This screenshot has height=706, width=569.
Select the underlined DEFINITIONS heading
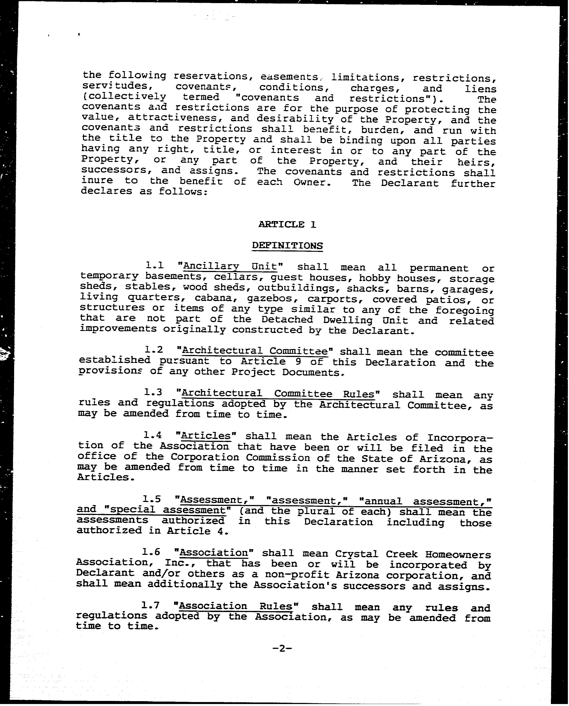[x=287, y=246]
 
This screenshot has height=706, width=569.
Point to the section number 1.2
[x=154, y=350]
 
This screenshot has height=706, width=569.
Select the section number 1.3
[x=153, y=392]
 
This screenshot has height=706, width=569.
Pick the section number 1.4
[x=152, y=435]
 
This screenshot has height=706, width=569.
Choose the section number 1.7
[x=150, y=605]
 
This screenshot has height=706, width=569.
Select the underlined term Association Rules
[x=235, y=606]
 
